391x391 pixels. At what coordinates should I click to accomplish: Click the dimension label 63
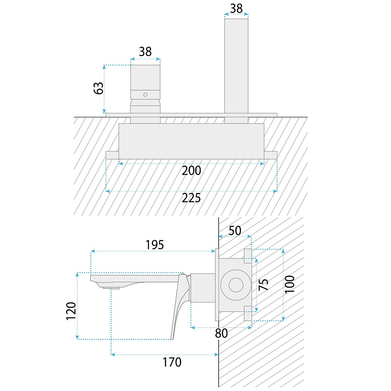click(98, 88)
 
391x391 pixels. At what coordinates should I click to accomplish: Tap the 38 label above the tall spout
click(236, 8)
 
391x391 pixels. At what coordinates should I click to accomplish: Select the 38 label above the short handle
click(145, 51)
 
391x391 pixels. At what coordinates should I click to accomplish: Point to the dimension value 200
click(191, 170)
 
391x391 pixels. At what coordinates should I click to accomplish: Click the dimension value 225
click(191, 198)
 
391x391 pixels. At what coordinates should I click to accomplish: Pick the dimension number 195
click(154, 245)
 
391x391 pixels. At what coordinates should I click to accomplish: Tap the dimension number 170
click(172, 362)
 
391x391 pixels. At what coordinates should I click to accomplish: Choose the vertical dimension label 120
click(71, 311)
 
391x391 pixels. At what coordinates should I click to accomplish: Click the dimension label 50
click(235, 231)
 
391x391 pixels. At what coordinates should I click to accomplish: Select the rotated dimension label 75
click(263, 284)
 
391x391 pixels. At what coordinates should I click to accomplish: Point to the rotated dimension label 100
click(289, 284)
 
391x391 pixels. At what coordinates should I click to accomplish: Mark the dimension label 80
click(222, 333)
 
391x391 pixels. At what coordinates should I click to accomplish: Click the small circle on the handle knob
click(145, 95)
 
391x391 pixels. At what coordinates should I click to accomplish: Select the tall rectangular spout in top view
click(236, 65)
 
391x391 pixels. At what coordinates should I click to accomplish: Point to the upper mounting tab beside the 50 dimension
click(248, 256)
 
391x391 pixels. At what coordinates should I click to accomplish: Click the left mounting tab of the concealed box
click(112, 155)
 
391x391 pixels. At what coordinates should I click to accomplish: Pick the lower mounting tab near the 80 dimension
click(248, 313)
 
